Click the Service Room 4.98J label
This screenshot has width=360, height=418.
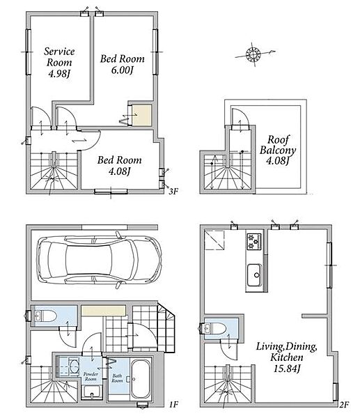pos(59,63)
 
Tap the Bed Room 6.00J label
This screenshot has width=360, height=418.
pos(123,64)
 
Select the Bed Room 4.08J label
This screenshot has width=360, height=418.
pos(119,165)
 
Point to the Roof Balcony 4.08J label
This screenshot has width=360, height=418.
pos(278,150)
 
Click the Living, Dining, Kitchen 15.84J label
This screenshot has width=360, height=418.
pos(287,357)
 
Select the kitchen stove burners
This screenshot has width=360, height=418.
pos(255,242)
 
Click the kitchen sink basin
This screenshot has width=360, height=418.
pos(255,275)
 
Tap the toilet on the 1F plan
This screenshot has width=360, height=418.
pos(45,317)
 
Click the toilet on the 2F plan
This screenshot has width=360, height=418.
pos(215,328)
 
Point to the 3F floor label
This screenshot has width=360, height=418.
pos(173,191)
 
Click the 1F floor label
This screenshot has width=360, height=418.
pos(173,405)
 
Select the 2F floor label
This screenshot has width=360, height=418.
pos(344,405)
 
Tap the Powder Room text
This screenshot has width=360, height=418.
pos(91,376)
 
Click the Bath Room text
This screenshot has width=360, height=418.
pos(117,378)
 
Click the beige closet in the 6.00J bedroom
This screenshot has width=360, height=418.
pos(142,115)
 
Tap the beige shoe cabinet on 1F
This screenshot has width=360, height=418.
pos(103,311)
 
